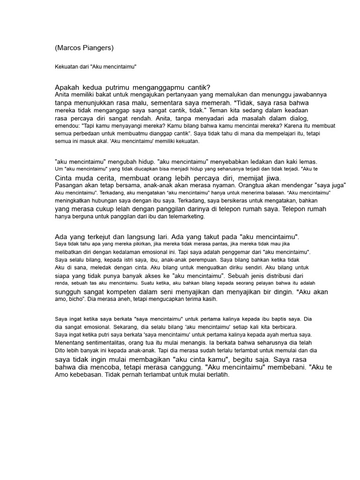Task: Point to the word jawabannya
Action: pos(307,94)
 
